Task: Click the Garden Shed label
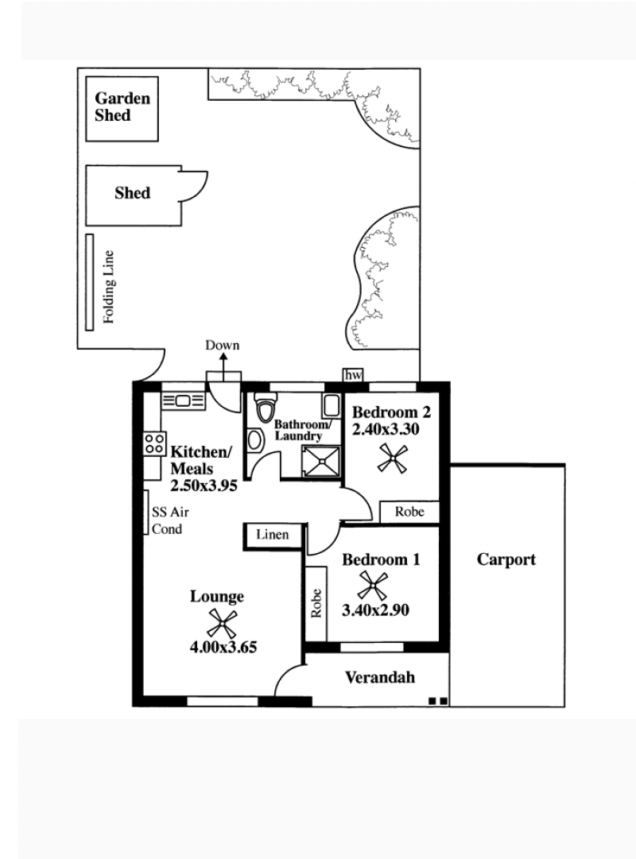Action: pyautogui.click(x=122, y=106)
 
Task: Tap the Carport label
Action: pyautogui.click(x=506, y=559)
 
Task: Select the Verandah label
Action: pyautogui.click(x=379, y=678)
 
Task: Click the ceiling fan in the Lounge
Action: pyautogui.click(x=222, y=624)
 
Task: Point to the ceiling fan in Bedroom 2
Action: pyautogui.click(x=393, y=459)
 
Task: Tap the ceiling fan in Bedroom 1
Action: pyautogui.click(x=372, y=586)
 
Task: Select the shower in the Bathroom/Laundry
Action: pyautogui.click(x=320, y=461)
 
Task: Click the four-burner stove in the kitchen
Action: pyautogui.click(x=154, y=443)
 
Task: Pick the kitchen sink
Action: pyautogui.click(x=183, y=401)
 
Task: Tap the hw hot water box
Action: pyautogui.click(x=353, y=375)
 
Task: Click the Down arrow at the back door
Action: pyautogui.click(x=223, y=367)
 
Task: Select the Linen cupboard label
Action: pyautogui.click(x=273, y=535)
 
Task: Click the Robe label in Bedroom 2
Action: pyautogui.click(x=409, y=512)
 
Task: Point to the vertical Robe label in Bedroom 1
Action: pyautogui.click(x=316, y=604)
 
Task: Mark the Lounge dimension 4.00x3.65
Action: pyautogui.click(x=223, y=647)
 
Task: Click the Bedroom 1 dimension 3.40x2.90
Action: pyautogui.click(x=375, y=610)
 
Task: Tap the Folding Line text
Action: pyautogui.click(x=109, y=287)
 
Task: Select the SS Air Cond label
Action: pyautogui.click(x=170, y=520)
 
